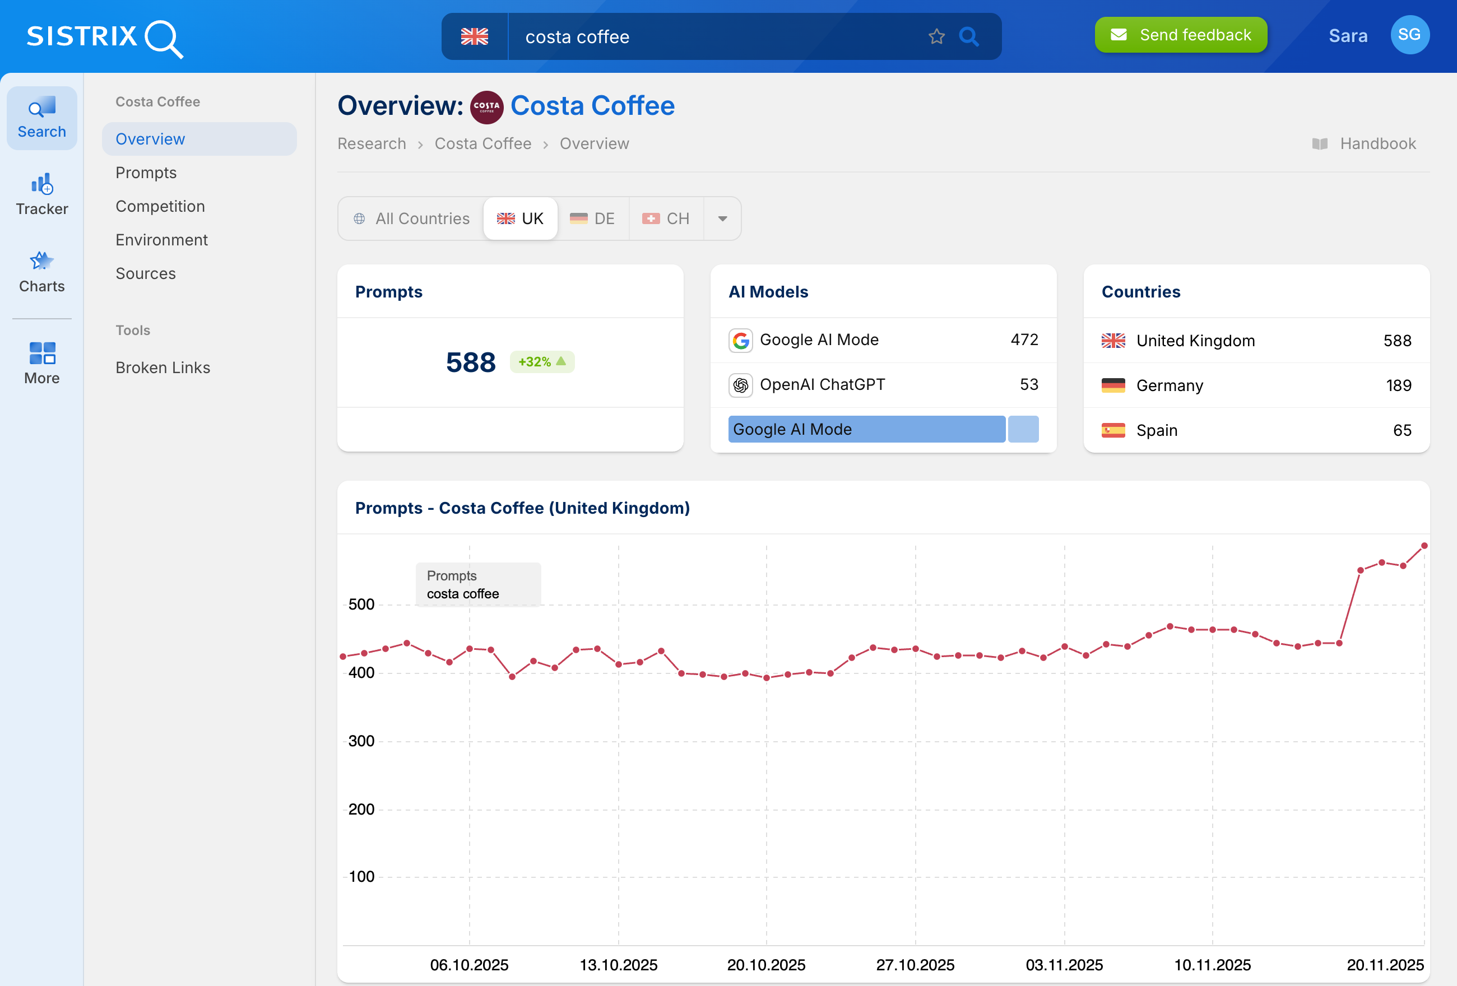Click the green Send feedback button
click(1180, 35)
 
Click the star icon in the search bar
click(936, 36)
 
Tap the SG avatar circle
click(1409, 35)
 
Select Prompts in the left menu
click(146, 173)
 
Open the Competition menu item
click(160, 206)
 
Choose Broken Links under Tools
click(163, 368)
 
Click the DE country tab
click(592, 218)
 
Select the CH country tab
click(666, 218)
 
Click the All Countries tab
click(411, 218)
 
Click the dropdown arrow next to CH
click(722, 218)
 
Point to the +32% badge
click(542, 362)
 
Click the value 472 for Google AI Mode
click(1024, 339)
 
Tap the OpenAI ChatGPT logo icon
click(740, 385)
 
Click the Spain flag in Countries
click(1113, 430)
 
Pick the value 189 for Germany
click(1398, 385)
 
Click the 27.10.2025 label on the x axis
click(915, 965)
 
